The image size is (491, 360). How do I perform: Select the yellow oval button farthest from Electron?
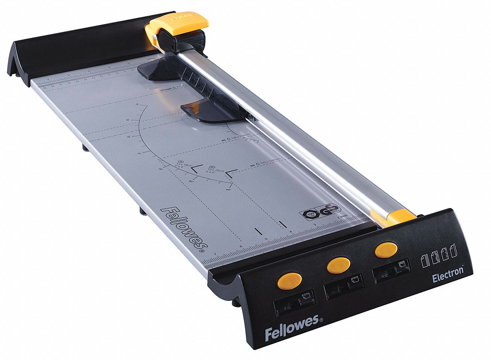(289, 280)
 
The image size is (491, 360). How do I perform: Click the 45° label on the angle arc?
(228, 190)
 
